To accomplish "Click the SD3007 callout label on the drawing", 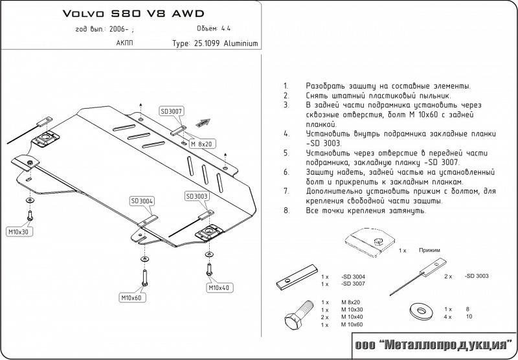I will (x=172, y=111).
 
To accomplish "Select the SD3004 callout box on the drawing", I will (x=141, y=201).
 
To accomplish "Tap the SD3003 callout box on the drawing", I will (x=196, y=196).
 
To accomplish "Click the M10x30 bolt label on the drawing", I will (x=19, y=231).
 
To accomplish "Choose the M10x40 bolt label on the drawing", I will (x=219, y=287).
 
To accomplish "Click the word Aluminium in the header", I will (x=241, y=44).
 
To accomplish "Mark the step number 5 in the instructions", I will (x=286, y=153).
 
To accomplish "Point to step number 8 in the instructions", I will (x=286, y=211).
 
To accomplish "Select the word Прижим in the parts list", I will (x=430, y=249).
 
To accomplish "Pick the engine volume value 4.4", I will (x=243, y=28).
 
